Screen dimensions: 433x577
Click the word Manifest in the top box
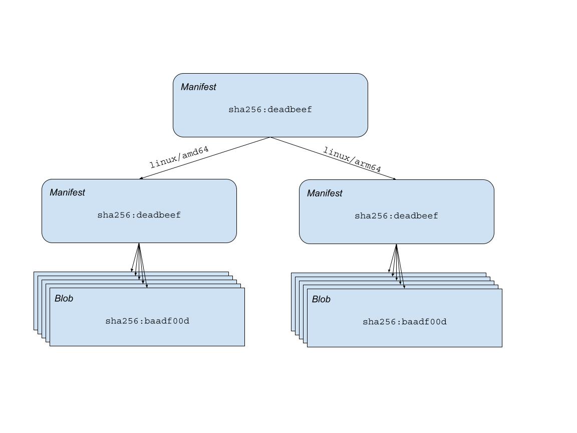(198, 87)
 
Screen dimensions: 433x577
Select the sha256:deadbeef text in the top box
(270, 109)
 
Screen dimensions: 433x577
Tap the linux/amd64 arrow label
(179, 157)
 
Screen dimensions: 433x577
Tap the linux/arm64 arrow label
(352, 159)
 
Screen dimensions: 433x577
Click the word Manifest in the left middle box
(67, 192)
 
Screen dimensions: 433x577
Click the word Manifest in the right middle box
(325, 193)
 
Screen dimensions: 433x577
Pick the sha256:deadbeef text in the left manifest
(139, 215)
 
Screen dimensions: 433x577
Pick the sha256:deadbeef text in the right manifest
(396, 216)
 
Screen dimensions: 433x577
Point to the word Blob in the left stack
(64, 298)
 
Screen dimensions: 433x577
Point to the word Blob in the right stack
(321, 299)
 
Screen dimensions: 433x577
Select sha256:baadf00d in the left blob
(147, 321)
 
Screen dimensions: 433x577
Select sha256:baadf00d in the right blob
(405, 322)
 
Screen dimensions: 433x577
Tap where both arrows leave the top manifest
(270, 137)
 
